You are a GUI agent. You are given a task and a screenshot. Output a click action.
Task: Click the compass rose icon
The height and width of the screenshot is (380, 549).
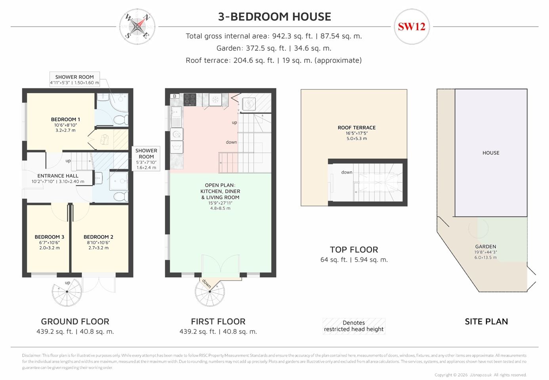click(137, 27)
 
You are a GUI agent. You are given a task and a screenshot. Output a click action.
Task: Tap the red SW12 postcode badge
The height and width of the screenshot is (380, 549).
click(412, 27)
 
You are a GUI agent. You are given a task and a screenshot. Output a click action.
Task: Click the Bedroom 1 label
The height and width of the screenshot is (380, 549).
click(65, 120)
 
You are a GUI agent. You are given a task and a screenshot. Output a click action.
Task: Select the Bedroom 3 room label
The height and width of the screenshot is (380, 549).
click(49, 237)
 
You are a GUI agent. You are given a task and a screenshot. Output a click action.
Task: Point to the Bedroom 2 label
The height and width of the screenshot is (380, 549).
click(98, 237)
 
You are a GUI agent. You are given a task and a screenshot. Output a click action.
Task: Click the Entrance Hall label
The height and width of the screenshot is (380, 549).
click(58, 176)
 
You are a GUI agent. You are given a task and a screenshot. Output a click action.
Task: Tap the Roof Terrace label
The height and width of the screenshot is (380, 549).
click(356, 127)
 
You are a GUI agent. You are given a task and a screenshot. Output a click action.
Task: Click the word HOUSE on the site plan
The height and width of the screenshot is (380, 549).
click(491, 153)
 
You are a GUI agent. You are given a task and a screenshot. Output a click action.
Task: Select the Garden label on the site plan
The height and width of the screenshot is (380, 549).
click(486, 247)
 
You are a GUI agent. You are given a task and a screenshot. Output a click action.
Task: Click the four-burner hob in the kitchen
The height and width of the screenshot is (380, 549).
click(190, 99)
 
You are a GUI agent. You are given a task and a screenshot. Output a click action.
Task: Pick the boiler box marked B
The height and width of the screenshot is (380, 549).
click(175, 96)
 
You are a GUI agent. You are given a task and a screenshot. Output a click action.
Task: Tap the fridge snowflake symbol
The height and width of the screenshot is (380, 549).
click(215, 100)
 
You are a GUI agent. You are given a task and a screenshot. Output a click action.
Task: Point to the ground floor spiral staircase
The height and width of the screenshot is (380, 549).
click(67, 292)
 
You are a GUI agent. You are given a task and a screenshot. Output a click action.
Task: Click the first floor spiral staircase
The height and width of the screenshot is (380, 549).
click(210, 292)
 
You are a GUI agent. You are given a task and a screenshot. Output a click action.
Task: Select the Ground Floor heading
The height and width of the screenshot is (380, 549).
click(75, 321)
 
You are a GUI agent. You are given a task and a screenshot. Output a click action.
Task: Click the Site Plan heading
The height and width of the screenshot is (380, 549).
click(486, 321)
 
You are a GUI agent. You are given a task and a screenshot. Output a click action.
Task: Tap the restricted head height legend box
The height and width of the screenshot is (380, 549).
click(354, 326)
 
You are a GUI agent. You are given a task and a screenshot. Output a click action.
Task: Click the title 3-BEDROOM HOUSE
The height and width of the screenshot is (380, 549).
click(274, 17)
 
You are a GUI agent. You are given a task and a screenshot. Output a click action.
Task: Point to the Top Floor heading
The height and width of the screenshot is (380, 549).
click(354, 250)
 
